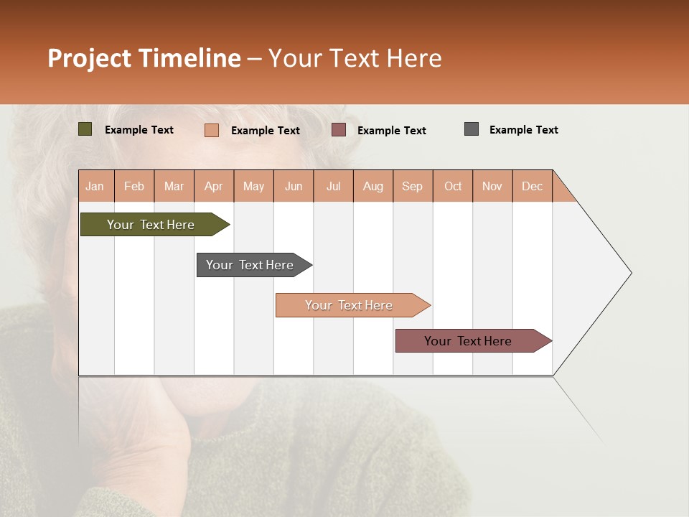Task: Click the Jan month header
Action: (x=95, y=186)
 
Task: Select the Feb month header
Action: (x=134, y=186)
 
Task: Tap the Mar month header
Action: (x=174, y=186)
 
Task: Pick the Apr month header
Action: (x=214, y=186)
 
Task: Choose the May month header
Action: (x=253, y=186)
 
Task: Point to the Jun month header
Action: (x=294, y=186)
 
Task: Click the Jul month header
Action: (x=333, y=186)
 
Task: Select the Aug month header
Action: (x=373, y=186)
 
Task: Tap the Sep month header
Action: (x=413, y=186)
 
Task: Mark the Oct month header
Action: (x=453, y=186)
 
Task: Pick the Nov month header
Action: (x=492, y=186)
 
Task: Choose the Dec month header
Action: (x=533, y=186)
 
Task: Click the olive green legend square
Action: (x=85, y=129)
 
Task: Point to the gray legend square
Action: (x=472, y=129)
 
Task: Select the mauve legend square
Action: (x=339, y=130)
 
